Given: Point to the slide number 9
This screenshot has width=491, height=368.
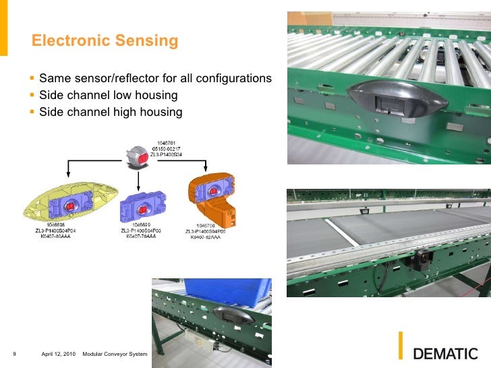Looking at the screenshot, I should [x=14, y=354].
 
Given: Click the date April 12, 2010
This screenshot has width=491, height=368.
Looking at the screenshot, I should [x=59, y=354].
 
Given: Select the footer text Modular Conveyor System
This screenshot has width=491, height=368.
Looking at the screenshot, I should [x=114, y=354].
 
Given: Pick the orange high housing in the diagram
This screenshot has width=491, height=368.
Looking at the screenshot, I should [x=214, y=199].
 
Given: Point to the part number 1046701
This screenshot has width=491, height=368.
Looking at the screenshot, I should [x=165, y=143].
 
